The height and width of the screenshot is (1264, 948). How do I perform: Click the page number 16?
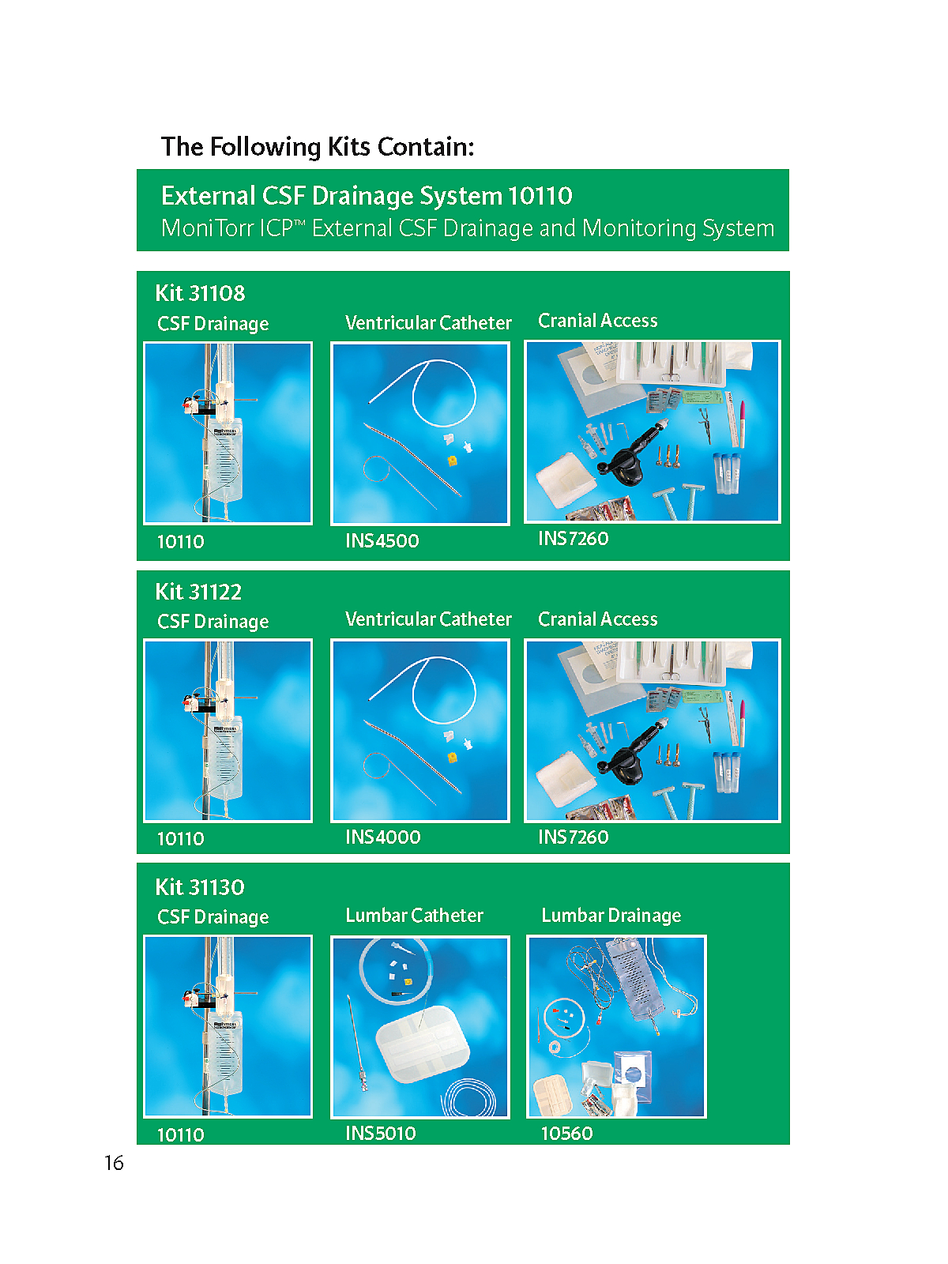(x=114, y=1163)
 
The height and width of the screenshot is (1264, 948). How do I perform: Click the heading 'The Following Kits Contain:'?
(x=318, y=147)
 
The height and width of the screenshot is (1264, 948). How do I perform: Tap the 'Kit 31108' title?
(x=201, y=293)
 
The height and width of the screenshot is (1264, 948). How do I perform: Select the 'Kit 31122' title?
(x=198, y=592)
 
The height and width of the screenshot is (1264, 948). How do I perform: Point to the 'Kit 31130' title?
(x=201, y=887)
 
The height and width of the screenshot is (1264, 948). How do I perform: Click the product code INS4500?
(x=382, y=540)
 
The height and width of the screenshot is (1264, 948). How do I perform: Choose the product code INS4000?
(x=383, y=837)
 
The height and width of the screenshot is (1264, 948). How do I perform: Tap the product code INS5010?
(x=381, y=1133)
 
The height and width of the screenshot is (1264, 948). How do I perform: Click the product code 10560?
(x=567, y=1134)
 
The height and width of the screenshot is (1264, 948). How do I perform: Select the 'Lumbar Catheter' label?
(x=415, y=915)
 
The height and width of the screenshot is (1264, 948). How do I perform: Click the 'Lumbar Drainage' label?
(x=611, y=916)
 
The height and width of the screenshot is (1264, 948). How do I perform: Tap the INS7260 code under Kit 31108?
(x=574, y=539)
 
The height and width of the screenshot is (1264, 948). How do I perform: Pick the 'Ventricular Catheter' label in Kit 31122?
(x=428, y=619)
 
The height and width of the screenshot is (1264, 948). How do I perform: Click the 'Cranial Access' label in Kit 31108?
(x=597, y=320)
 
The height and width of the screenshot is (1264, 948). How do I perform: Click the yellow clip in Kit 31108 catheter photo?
(x=453, y=460)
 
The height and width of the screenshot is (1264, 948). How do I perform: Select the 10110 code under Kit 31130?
(x=181, y=1135)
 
